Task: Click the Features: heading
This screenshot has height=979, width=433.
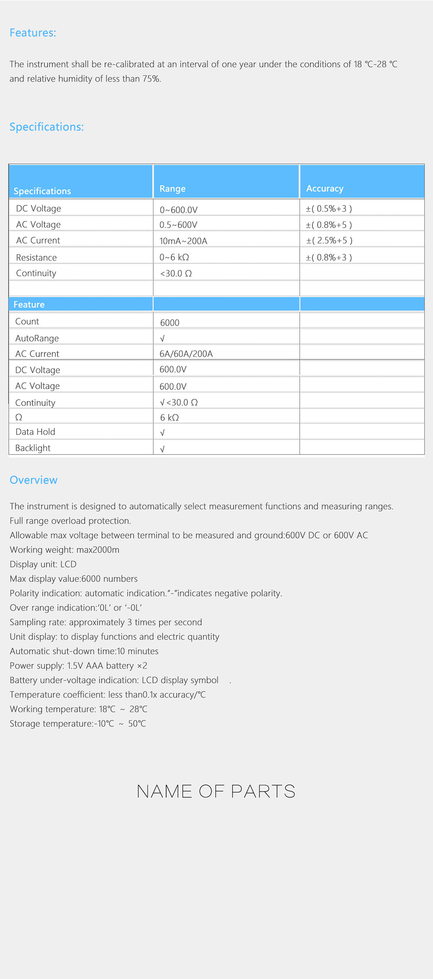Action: [x=33, y=33]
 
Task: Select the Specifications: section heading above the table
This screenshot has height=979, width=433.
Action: [x=47, y=127]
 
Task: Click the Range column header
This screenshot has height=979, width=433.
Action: [x=172, y=189]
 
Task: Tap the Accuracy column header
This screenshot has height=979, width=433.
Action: [x=325, y=189]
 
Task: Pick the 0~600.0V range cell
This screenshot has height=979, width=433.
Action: [x=178, y=210]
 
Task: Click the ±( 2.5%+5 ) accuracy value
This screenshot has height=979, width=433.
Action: [x=329, y=240]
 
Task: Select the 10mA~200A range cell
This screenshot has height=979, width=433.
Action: [x=183, y=241]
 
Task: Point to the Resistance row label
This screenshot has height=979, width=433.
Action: [x=36, y=258]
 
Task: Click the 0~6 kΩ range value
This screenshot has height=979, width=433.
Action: [x=174, y=257]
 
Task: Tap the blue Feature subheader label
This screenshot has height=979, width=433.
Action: [x=29, y=304]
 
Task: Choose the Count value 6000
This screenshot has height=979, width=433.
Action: [x=169, y=323]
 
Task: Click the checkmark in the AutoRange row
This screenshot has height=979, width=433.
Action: [x=162, y=339]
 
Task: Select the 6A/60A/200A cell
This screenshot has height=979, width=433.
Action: [x=186, y=354]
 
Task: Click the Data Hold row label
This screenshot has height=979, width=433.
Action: [x=35, y=432]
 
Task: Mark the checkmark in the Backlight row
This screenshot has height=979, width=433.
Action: [x=162, y=449]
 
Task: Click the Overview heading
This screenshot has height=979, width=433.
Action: [x=34, y=480]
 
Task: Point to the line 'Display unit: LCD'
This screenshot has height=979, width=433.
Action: [x=43, y=564]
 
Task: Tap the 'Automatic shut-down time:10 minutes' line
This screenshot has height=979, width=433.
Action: [x=84, y=651]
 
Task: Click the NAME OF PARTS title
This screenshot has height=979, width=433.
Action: [x=216, y=791]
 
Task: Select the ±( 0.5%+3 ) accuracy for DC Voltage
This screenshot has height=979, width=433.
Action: [x=329, y=209]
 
